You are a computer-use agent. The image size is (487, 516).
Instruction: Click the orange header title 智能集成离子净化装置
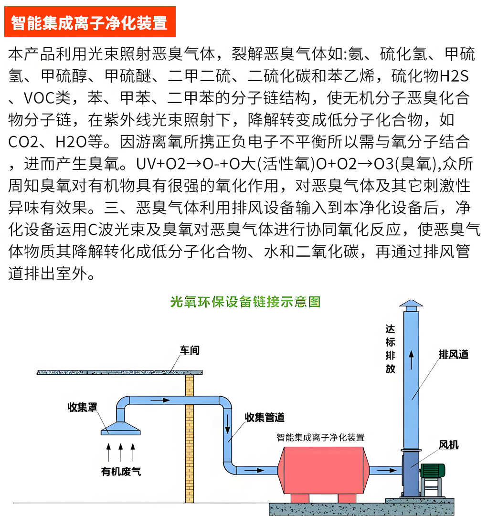[x=89, y=23]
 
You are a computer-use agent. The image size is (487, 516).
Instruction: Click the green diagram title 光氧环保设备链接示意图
[x=245, y=302]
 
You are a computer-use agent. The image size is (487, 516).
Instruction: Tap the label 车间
[x=190, y=350]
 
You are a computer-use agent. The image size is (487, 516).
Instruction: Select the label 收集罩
[x=82, y=407]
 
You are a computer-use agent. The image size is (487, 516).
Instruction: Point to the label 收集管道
[x=265, y=417]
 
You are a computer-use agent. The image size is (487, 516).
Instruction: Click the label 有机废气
[x=121, y=471]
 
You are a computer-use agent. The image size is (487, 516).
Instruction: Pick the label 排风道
[x=454, y=354]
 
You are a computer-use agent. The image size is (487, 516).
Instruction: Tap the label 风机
[x=449, y=444]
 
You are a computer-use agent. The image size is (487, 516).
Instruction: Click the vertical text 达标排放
[x=390, y=349]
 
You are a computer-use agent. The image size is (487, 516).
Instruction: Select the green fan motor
[x=433, y=471]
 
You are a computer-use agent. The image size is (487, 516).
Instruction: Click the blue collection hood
[x=121, y=428]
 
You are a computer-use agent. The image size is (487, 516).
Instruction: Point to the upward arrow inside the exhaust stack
[x=411, y=360]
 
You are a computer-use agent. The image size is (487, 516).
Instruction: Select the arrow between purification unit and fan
[x=387, y=470]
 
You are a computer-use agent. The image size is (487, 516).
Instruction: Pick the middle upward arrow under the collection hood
[x=121, y=452]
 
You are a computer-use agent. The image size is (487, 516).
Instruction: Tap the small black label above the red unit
[x=320, y=437]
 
